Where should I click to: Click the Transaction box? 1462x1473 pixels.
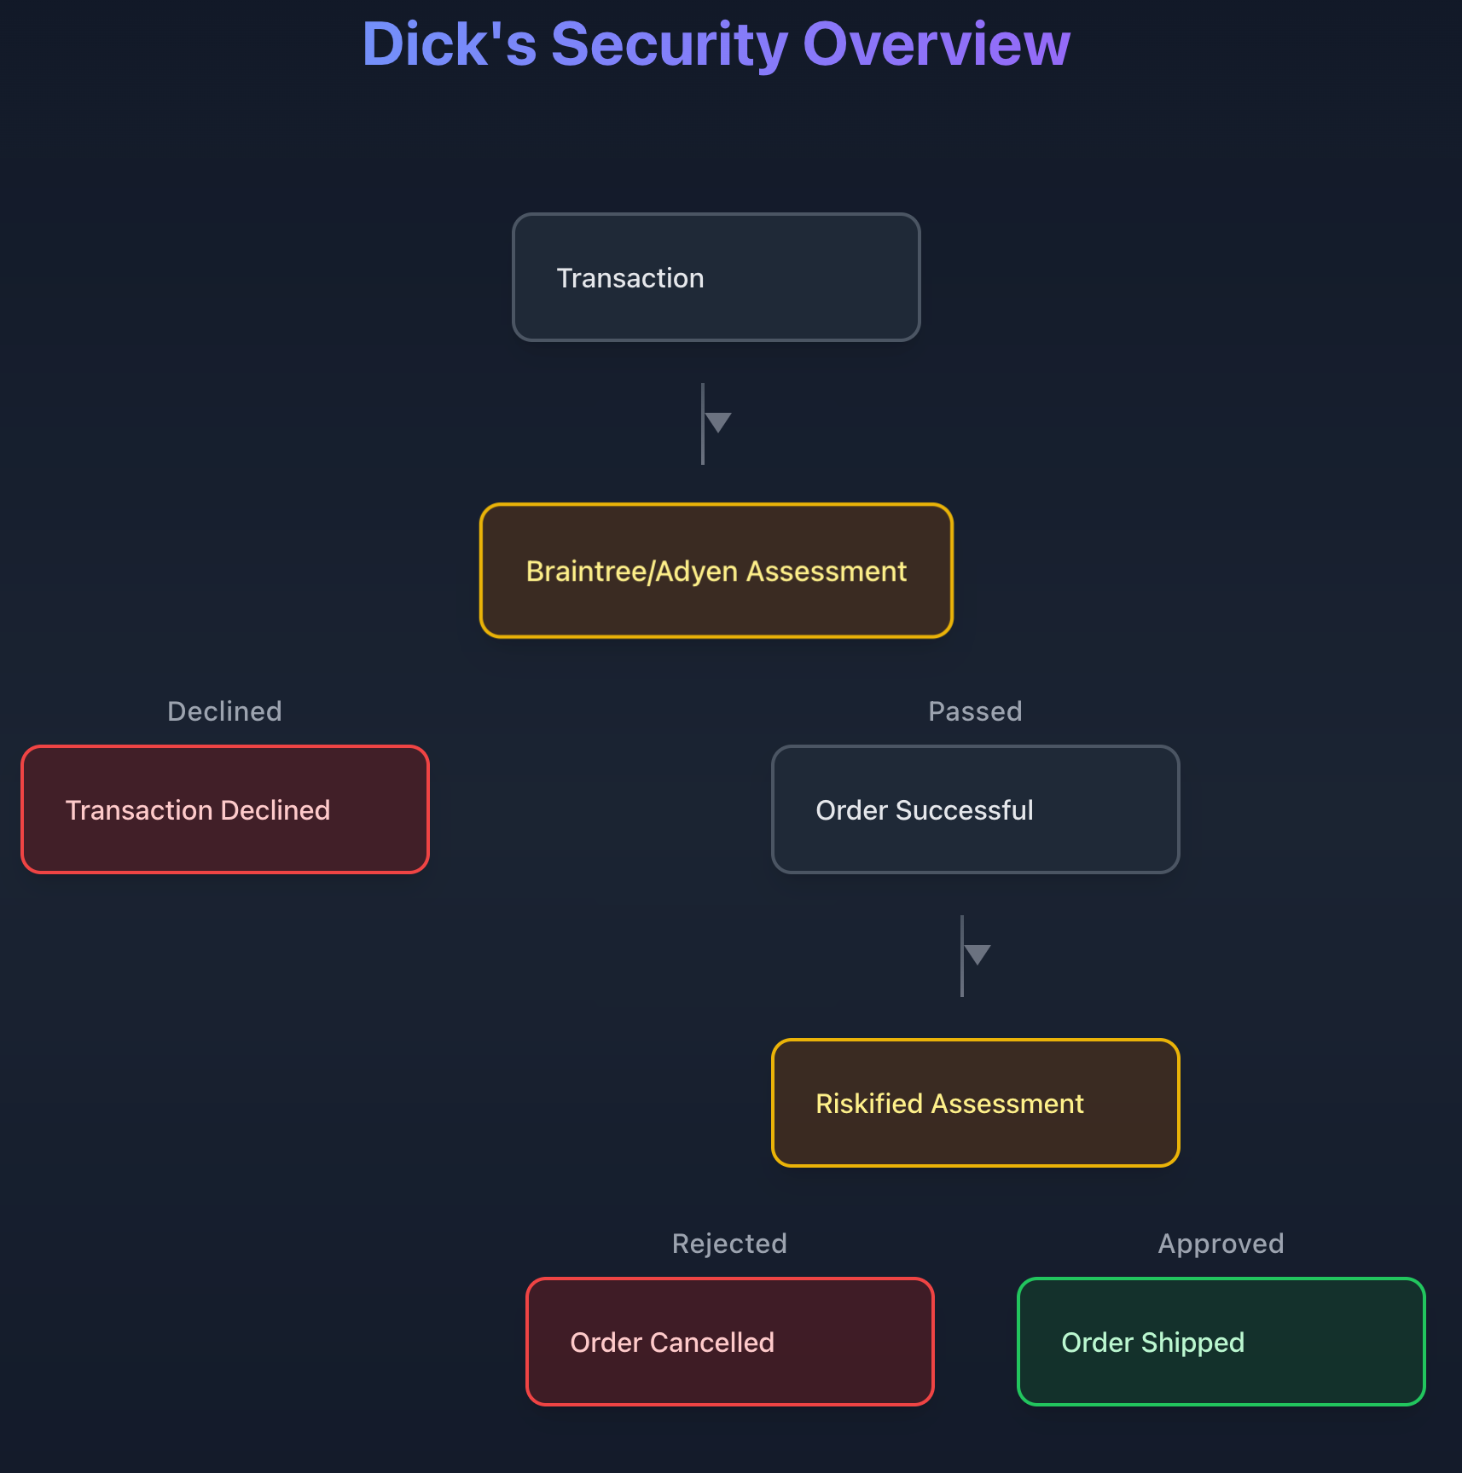coord(716,277)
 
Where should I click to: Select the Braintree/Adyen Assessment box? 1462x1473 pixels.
coord(716,571)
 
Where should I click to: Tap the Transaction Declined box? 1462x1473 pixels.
coord(225,809)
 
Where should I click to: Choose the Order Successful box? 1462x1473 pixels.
coord(975,809)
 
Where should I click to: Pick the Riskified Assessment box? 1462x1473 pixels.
coord(975,1103)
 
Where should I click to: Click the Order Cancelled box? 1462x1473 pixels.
coord(729,1342)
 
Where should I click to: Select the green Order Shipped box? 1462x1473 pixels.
coord(1221,1342)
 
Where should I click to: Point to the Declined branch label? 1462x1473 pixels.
coord(224,711)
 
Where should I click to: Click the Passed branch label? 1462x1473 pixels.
coord(975,711)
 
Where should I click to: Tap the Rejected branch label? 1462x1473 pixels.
coord(729,1244)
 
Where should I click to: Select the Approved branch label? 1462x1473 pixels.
coord(1221,1244)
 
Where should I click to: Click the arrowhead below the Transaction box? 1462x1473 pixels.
coord(718,422)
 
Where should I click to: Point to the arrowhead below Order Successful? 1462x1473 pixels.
coord(978,954)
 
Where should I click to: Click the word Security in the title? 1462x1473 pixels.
coord(669,44)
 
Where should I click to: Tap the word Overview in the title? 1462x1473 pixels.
coord(936,44)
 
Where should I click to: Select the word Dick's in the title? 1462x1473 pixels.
coord(450,44)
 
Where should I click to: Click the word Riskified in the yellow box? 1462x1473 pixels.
coord(869,1104)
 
